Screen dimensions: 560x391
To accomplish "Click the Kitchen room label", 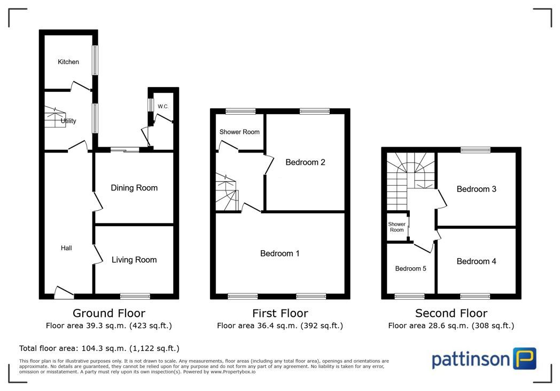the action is (x=68, y=62).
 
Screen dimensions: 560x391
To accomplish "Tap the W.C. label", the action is (x=163, y=107).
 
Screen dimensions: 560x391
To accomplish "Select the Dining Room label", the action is (x=134, y=188).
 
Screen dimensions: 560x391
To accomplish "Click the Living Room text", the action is (x=134, y=260).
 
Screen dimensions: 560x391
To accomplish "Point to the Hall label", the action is (x=66, y=248).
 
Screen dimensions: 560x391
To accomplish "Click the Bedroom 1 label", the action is (x=280, y=253).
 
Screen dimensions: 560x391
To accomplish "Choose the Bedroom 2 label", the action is (x=305, y=162).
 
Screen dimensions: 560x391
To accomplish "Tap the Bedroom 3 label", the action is (x=477, y=189).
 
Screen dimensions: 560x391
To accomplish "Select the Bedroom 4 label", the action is (x=477, y=261).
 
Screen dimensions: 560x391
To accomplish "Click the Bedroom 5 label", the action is (x=411, y=269).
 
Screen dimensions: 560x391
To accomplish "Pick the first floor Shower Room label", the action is (x=239, y=132).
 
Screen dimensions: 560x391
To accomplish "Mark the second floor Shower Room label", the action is (x=397, y=227).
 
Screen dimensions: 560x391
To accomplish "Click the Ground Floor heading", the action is (x=109, y=313).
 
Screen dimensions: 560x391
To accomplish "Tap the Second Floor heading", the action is (x=451, y=313).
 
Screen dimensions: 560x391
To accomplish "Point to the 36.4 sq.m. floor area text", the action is (x=280, y=325).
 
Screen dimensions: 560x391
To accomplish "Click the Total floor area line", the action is (x=99, y=348).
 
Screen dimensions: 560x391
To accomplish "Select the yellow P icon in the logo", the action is (x=525, y=358).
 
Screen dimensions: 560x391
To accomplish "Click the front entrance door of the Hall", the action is (x=64, y=293).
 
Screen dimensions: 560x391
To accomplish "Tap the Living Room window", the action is (x=135, y=296).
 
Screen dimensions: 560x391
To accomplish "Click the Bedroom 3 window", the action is (x=476, y=150).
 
